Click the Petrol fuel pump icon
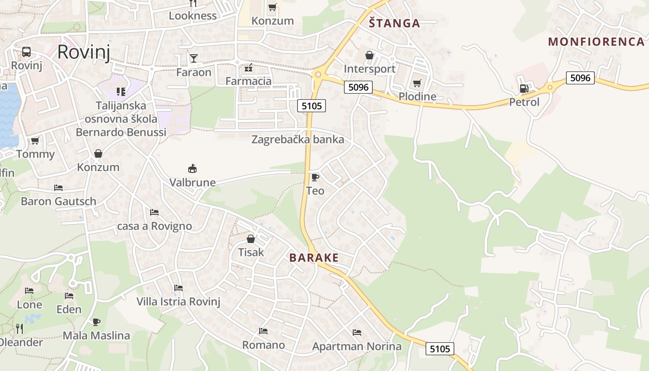click(524, 88)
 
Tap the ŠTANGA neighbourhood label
click(394, 23)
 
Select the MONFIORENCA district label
click(596, 42)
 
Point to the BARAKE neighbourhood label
click(314, 258)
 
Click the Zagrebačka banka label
click(298, 140)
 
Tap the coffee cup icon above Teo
click(315, 177)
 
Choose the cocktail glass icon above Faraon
click(193, 58)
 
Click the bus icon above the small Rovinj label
click(26, 52)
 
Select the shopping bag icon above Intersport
click(369, 56)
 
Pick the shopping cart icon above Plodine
click(417, 83)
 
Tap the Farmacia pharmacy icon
click(248, 68)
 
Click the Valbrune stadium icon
click(192, 168)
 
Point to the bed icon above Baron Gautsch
click(58, 188)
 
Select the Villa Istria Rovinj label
click(178, 301)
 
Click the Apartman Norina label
click(356, 346)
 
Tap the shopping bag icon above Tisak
click(251, 239)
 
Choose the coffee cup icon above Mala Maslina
click(96, 322)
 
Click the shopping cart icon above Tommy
click(35, 141)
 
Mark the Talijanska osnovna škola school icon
click(121, 92)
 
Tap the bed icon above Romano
click(263, 331)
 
